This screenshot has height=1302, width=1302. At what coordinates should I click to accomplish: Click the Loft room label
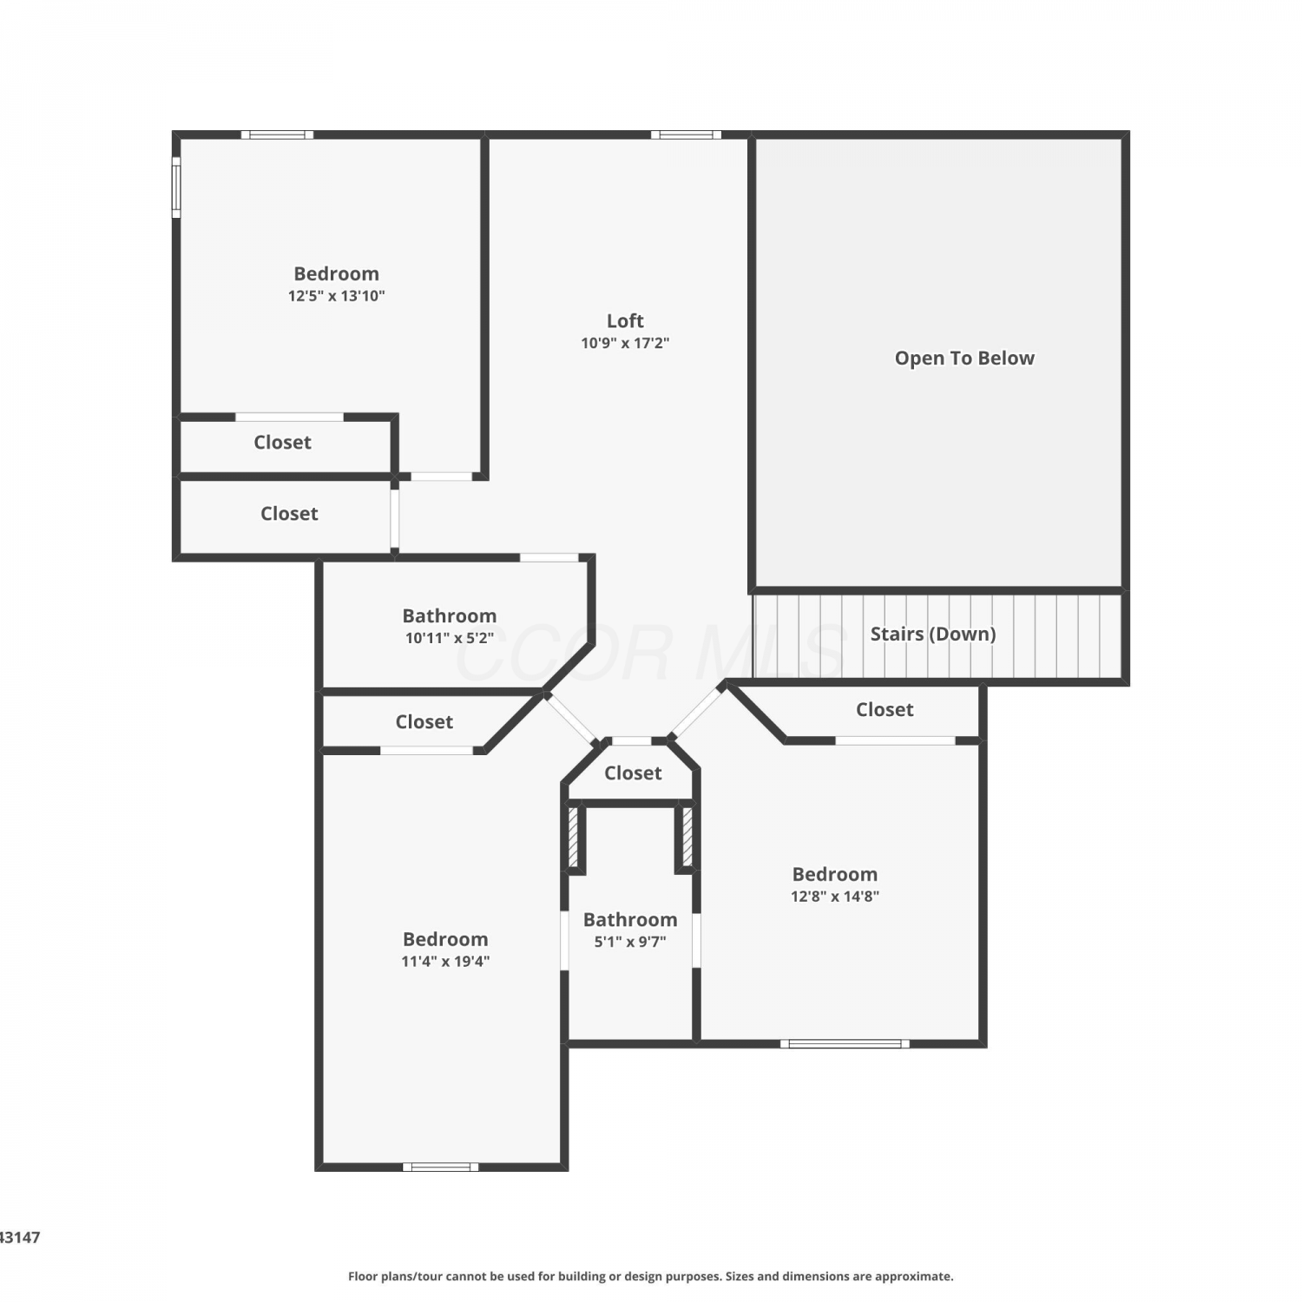pyautogui.click(x=625, y=320)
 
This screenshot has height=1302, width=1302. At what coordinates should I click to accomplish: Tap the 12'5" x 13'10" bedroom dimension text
pyautogui.click(x=337, y=296)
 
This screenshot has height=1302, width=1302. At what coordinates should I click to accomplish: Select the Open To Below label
pyautogui.click(x=964, y=358)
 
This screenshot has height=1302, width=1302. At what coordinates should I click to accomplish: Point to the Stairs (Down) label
pyautogui.click(x=933, y=634)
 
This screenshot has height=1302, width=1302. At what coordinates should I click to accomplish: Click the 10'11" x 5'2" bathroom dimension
pyautogui.click(x=450, y=638)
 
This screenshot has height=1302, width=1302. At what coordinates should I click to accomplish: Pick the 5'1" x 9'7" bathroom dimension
pyautogui.click(x=630, y=942)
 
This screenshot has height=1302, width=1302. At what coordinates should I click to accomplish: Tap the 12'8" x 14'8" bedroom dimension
pyautogui.click(x=835, y=897)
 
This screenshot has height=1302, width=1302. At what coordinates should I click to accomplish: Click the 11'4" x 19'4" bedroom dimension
pyautogui.click(x=445, y=961)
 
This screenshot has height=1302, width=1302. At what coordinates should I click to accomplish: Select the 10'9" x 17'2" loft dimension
pyautogui.click(x=625, y=343)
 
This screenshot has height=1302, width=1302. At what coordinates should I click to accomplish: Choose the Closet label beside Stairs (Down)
pyautogui.click(x=884, y=709)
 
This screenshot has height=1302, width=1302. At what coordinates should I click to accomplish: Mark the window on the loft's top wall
pyautogui.click(x=686, y=135)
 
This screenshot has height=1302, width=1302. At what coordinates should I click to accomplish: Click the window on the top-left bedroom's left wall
pyautogui.click(x=176, y=187)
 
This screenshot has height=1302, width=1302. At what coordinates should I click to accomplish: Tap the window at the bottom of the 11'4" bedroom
pyautogui.click(x=440, y=1167)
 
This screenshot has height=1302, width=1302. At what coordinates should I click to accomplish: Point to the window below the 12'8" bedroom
pyautogui.click(x=845, y=1043)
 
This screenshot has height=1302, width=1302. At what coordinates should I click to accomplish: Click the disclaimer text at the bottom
pyautogui.click(x=651, y=1276)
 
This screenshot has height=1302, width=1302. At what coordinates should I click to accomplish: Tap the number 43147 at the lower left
pyautogui.click(x=20, y=1238)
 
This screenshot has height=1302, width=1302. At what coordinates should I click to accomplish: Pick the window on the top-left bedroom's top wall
pyautogui.click(x=277, y=135)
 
